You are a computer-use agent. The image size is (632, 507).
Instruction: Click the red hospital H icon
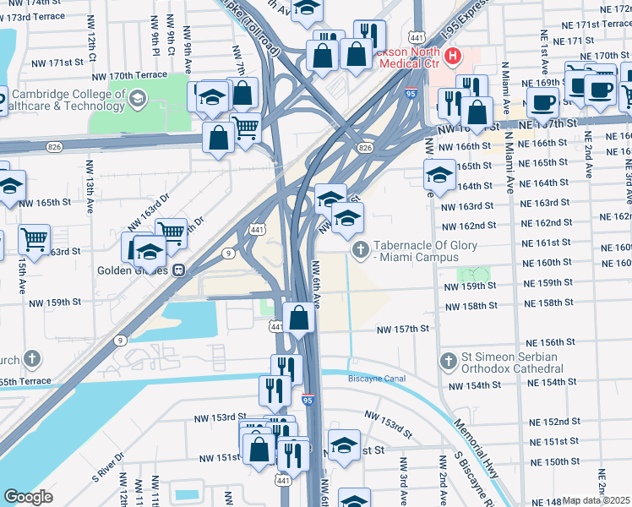(x=453, y=57)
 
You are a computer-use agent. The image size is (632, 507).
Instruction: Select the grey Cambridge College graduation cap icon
(x=136, y=101)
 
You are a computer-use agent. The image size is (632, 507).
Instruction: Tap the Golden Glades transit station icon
(x=179, y=270)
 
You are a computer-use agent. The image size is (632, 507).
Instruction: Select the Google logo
(x=28, y=496)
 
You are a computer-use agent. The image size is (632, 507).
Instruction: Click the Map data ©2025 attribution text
(x=597, y=500)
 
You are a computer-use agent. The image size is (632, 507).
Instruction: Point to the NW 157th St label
(x=403, y=329)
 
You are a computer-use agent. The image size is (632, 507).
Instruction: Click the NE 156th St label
(x=551, y=343)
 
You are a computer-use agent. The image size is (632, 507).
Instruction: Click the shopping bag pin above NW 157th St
(x=299, y=319)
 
